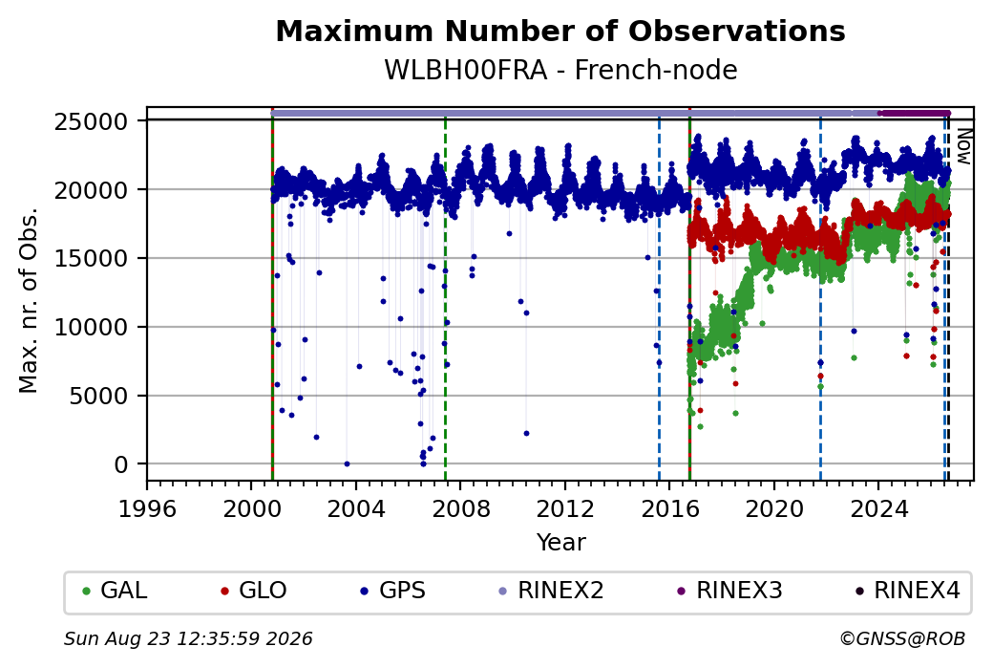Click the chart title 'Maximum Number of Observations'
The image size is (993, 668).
tap(560, 31)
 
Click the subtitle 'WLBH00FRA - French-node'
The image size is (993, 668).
tap(560, 70)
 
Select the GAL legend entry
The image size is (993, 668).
tap(116, 591)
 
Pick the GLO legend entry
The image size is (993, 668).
tap(254, 591)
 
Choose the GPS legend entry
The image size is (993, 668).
tap(393, 591)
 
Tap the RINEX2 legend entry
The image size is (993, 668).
tap(552, 591)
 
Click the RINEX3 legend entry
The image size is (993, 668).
tap(730, 591)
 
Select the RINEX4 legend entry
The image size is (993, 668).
tap(908, 591)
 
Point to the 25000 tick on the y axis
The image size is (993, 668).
tap(92, 121)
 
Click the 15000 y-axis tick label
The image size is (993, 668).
tap(92, 259)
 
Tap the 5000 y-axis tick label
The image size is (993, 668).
tap(98, 396)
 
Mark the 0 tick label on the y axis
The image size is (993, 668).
tap(121, 464)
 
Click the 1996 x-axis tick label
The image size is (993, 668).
tap(148, 509)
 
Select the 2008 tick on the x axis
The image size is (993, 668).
tap(460, 509)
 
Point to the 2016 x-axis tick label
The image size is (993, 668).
tap(670, 509)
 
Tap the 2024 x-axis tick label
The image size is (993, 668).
tap(878, 509)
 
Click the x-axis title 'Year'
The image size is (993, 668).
tap(561, 543)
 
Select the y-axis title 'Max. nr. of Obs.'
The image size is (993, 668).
tap(29, 300)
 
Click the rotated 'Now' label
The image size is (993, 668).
tap(963, 146)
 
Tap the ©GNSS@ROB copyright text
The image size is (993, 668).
tap(902, 638)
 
